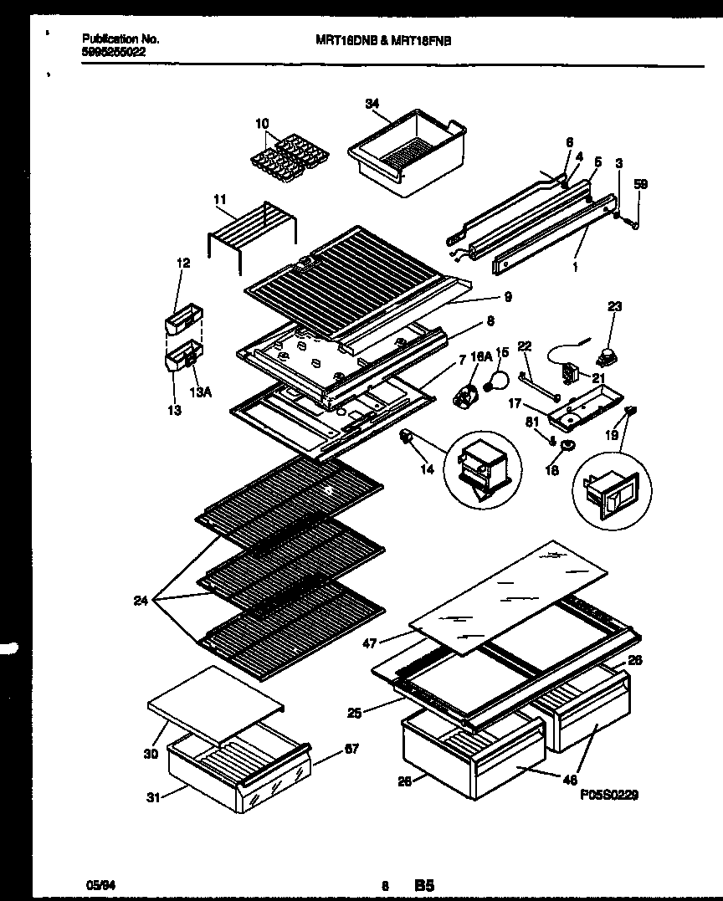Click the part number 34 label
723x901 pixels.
pyautogui.click(x=372, y=104)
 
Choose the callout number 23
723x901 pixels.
pyautogui.click(x=614, y=307)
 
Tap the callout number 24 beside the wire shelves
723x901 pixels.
pyautogui.click(x=141, y=600)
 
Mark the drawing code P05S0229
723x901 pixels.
pyautogui.click(x=608, y=796)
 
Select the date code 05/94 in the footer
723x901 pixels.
pyautogui.click(x=98, y=884)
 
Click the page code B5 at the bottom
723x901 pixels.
pyautogui.click(x=424, y=884)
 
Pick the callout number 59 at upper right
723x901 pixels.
pyautogui.click(x=640, y=184)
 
